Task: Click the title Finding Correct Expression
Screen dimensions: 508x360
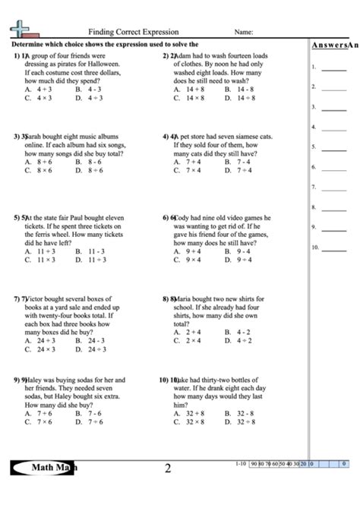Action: (133, 33)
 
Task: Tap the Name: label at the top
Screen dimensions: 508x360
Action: (243, 33)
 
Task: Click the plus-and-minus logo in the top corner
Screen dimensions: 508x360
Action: (22, 30)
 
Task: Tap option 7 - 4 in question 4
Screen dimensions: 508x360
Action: (243, 162)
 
